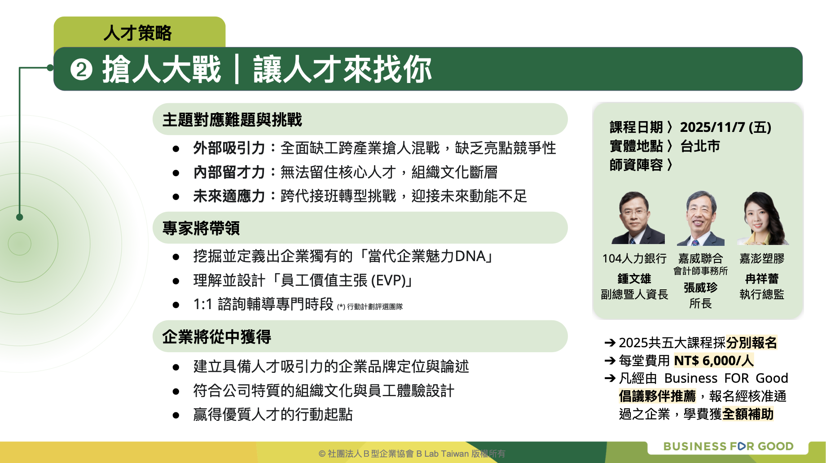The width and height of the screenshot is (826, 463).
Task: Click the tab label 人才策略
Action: (137, 33)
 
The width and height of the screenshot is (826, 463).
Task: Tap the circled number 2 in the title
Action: (81, 70)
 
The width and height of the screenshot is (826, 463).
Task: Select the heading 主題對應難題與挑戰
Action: (232, 120)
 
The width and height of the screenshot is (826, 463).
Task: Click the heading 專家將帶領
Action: (201, 228)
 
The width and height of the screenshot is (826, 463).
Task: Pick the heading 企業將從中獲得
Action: (217, 337)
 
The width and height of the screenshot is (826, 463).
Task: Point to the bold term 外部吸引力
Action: (229, 148)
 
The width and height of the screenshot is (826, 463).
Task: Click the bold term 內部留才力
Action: (229, 172)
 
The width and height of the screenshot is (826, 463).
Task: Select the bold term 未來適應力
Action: (229, 196)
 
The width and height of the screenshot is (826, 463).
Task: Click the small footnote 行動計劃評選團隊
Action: (375, 306)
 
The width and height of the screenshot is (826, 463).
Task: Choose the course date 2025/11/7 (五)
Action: (725, 127)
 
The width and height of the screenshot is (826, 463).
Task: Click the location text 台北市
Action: (700, 146)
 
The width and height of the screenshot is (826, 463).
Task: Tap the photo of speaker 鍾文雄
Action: (637, 218)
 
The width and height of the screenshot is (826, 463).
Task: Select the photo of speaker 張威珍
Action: (701, 218)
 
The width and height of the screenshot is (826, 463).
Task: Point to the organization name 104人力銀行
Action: (634, 258)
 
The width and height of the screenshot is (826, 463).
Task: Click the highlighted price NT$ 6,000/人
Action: (714, 361)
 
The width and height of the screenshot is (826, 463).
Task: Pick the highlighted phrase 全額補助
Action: (748, 414)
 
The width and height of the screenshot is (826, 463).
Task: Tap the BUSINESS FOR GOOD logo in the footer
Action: (728, 446)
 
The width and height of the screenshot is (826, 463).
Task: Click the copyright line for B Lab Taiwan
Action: (412, 454)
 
